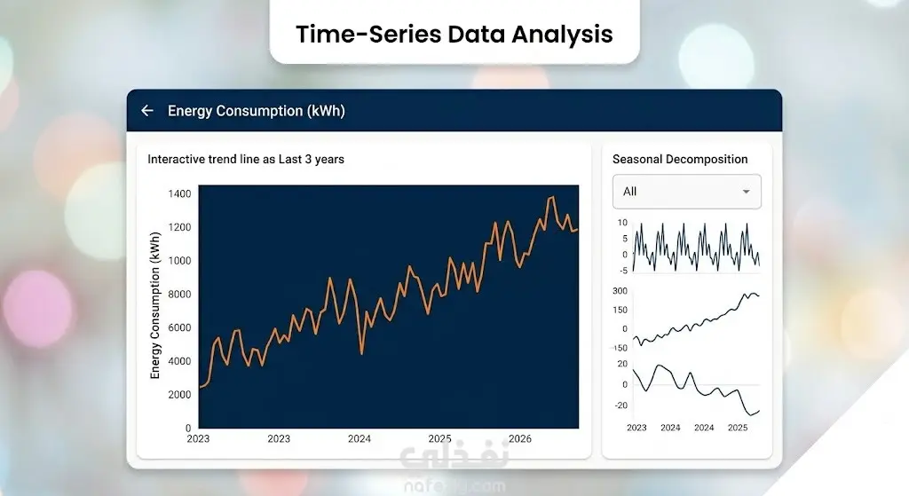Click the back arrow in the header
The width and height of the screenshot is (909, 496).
(147, 111)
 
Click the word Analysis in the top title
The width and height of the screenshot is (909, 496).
(562, 35)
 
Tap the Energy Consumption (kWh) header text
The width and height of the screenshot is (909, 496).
(257, 111)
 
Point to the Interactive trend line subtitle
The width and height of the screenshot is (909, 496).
(246, 160)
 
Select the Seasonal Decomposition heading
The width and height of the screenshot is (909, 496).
(680, 160)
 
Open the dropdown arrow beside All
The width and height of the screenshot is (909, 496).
(746, 192)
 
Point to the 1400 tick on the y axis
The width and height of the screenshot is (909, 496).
(179, 193)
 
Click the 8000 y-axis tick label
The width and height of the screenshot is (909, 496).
(179, 295)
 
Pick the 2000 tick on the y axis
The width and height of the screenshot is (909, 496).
(179, 395)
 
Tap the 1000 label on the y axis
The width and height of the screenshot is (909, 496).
(179, 261)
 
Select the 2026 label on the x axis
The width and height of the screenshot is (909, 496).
(520, 438)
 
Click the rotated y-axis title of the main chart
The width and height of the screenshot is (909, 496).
(154, 305)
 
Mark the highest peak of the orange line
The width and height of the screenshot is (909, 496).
(552, 198)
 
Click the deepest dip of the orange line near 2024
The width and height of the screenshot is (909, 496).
(362, 352)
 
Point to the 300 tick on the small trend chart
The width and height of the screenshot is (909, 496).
(620, 291)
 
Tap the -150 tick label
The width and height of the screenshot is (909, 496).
(619, 348)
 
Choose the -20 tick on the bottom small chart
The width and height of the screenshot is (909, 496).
(620, 405)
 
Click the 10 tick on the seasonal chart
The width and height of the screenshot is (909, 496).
(622, 223)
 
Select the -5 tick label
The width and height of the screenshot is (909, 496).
(623, 271)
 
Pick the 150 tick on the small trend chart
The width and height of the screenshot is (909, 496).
(620, 310)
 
